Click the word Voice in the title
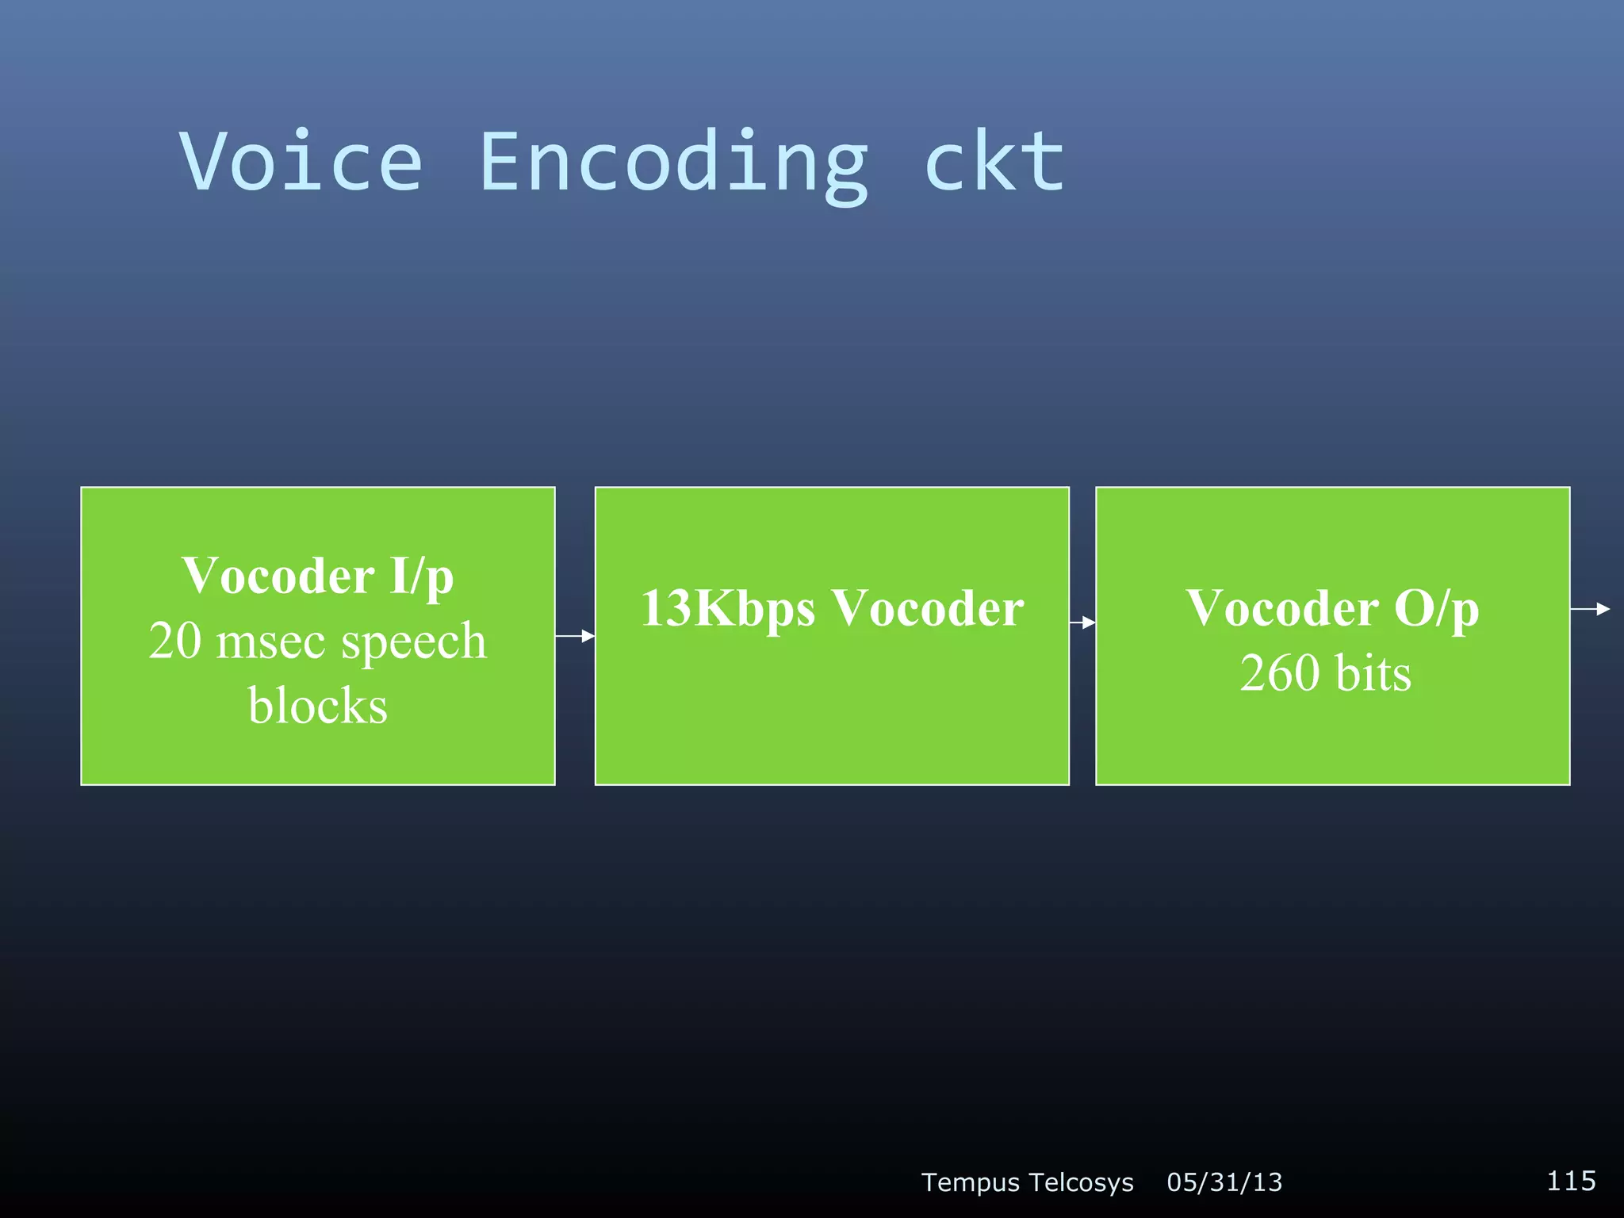click(x=301, y=163)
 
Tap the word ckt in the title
click(x=995, y=163)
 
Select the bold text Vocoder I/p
click(x=317, y=576)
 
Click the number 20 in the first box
click(x=175, y=641)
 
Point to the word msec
click(x=270, y=642)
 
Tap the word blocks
click(x=317, y=706)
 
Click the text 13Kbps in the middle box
click(x=727, y=609)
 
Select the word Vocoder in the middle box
click(x=928, y=609)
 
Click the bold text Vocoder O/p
click(x=1332, y=609)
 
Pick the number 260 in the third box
click(x=1279, y=674)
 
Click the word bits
click(x=1373, y=674)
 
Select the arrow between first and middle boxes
click(x=575, y=636)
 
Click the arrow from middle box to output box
click(x=1082, y=623)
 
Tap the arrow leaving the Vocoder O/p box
click(x=1590, y=609)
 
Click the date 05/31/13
click(x=1224, y=1182)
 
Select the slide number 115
click(x=1571, y=1181)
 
